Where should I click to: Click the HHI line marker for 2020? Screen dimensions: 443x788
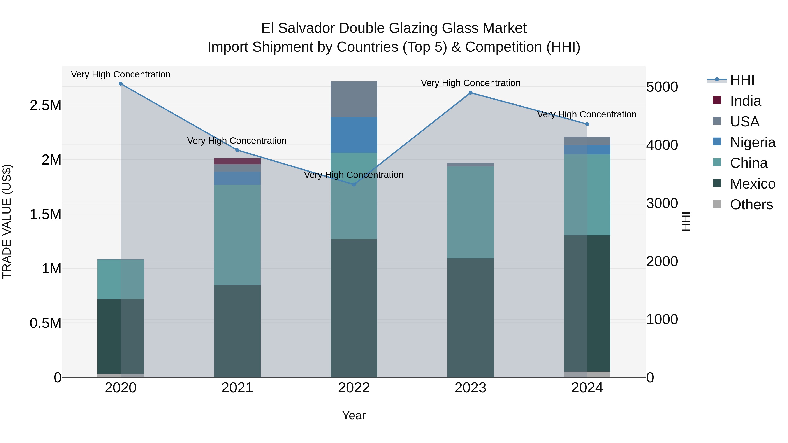click(x=121, y=84)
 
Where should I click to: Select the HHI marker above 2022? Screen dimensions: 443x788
click(x=354, y=185)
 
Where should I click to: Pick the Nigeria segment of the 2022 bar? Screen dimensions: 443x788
click(x=354, y=135)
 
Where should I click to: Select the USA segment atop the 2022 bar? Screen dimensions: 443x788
click(x=354, y=99)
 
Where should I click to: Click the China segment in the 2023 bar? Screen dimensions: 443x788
click(x=470, y=212)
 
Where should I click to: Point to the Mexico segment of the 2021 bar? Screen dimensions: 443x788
click(x=237, y=331)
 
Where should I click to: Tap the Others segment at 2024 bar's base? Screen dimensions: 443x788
click(x=587, y=375)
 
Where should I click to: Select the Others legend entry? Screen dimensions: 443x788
click(x=751, y=205)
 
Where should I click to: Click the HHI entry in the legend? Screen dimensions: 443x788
click(x=742, y=80)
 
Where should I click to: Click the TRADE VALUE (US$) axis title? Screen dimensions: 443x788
click(x=7, y=221)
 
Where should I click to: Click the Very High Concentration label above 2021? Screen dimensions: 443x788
click(x=237, y=141)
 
